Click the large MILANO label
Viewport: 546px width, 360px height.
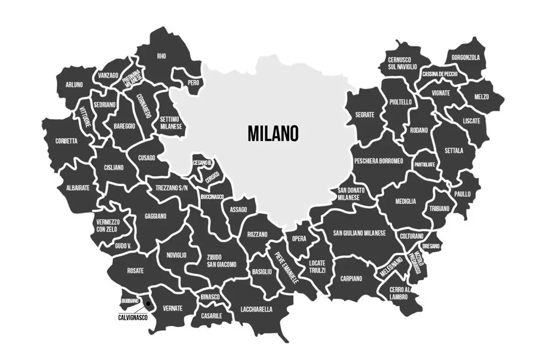point(273,133)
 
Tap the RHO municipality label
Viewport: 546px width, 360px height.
point(162,56)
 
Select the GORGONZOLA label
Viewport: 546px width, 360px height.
point(465,58)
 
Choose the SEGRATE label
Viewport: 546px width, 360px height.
point(365,115)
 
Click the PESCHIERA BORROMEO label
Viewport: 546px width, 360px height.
point(378,161)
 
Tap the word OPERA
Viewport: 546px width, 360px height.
point(299,239)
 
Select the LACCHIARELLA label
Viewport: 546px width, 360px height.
point(256,309)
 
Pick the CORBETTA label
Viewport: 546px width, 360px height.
point(66,141)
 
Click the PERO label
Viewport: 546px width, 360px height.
point(193,83)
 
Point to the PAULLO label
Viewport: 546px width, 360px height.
point(462,194)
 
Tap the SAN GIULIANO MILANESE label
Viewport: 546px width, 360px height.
point(359,233)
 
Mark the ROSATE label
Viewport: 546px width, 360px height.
point(135,271)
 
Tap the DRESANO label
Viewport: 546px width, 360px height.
point(431,246)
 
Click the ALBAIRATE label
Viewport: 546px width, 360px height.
point(78,188)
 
